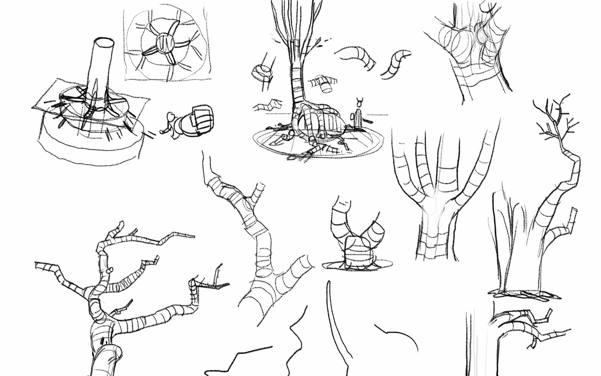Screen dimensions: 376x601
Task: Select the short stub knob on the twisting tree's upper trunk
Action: coord(110,270)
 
